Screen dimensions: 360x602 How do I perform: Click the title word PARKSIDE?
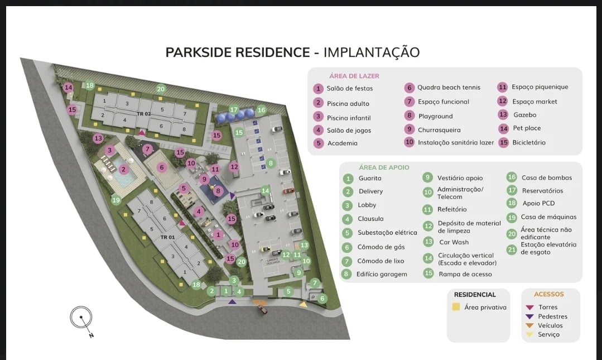tap(199, 52)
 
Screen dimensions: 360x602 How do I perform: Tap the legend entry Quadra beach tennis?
tap(449, 88)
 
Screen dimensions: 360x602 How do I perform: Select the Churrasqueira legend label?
tap(439, 130)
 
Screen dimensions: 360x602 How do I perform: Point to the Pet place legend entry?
tap(527, 128)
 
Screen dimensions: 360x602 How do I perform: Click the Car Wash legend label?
tap(454, 242)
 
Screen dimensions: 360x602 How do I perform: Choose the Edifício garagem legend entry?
tap(382, 274)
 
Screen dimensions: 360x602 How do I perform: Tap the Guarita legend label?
tap(370, 178)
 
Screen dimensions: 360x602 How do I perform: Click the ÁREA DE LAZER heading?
tap(354, 76)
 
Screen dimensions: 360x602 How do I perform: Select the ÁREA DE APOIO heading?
tap(384, 167)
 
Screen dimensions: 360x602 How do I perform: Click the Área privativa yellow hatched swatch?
tap(456, 307)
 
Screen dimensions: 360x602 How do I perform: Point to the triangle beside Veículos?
tap(529, 325)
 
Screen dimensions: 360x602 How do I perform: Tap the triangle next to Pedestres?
tap(529, 316)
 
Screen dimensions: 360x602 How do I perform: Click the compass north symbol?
tap(81, 318)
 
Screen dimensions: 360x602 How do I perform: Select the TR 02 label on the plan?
tap(143, 114)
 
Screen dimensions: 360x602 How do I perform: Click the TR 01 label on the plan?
tap(167, 237)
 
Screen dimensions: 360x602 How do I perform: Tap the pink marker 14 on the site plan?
tap(69, 88)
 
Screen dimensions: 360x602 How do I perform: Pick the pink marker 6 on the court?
tap(162, 167)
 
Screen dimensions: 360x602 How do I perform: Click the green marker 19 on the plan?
tap(116, 200)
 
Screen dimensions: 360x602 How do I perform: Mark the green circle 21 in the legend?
tap(512, 249)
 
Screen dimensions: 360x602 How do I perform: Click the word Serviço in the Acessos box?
tap(548, 334)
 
